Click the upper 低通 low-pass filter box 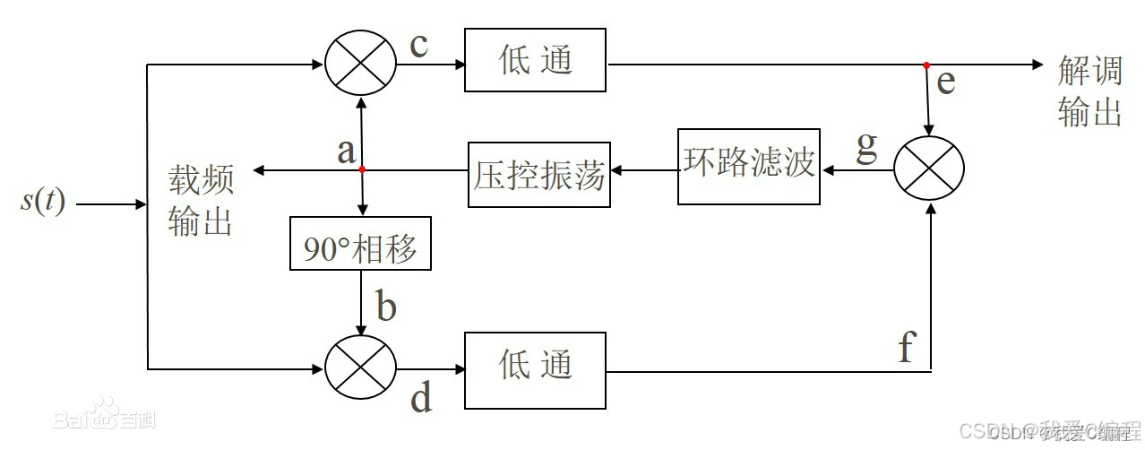point(535,60)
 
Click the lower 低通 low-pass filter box point(535,365)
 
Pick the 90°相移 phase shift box point(360,248)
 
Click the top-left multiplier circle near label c point(359,65)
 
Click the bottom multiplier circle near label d point(359,368)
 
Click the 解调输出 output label point(1089,91)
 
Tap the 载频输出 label point(201,202)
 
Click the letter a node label point(346,151)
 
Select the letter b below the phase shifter point(385,307)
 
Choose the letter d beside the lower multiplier point(421,397)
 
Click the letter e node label point(945,82)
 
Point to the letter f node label point(906,348)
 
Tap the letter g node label point(866,147)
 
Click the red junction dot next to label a point(361,169)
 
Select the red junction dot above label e point(926,65)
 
